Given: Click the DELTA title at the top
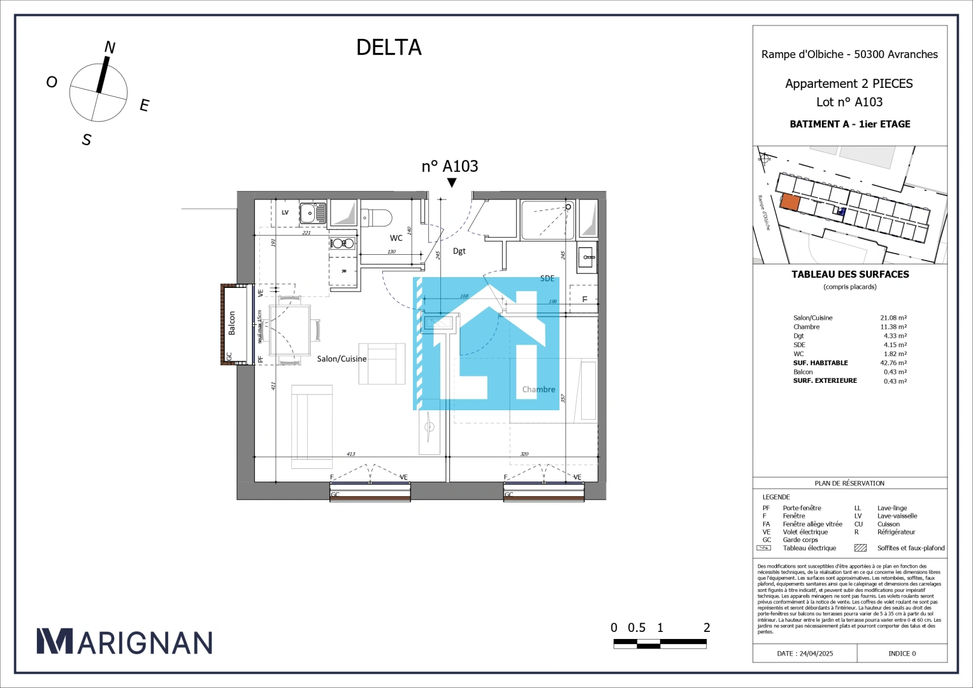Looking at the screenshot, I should (389, 48).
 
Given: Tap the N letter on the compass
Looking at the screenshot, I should (110, 48).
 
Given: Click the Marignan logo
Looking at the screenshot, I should (124, 642).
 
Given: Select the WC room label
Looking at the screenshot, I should (396, 238).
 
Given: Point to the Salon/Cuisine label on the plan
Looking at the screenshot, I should (342, 359).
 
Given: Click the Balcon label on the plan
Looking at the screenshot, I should (232, 323).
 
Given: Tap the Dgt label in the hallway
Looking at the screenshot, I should (459, 251).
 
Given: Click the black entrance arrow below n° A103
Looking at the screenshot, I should (452, 183).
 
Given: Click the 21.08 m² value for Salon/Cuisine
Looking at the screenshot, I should (893, 318).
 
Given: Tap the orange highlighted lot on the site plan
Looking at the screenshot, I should (790, 203).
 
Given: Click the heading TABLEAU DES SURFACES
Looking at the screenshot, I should (850, 275).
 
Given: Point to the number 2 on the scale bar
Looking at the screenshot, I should (707, 628).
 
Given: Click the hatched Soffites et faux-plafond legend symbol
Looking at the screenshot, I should (860, 548).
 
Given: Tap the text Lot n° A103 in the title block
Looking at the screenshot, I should (849, 102).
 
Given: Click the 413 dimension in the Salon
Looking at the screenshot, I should (351, 454).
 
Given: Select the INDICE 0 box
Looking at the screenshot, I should (902, 654).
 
